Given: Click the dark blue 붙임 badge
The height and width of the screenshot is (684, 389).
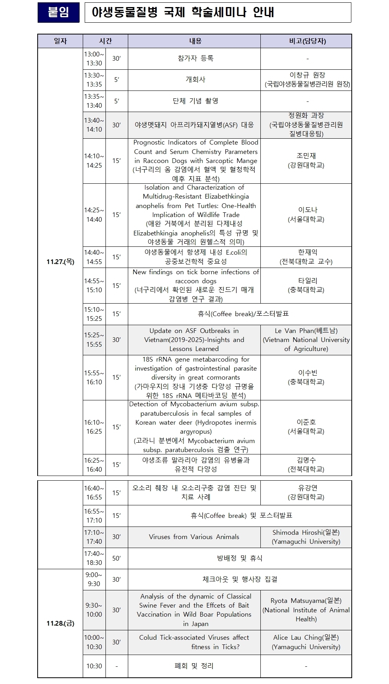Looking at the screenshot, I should (x=58, y=13).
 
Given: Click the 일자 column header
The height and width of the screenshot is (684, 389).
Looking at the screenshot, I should (x=60, y=41).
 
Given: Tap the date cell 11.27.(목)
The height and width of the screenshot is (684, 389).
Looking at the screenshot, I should (x=60, y=262).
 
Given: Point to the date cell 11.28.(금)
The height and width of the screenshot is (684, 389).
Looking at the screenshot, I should (x=60, y=623).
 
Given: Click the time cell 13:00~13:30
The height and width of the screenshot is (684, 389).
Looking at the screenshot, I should (x=94, y=59).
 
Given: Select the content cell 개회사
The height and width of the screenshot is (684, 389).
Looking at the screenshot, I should (x=195, y=80).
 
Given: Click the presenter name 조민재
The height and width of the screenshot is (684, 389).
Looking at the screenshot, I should (x=306, y=156).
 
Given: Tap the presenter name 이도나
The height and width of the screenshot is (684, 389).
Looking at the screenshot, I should (x=306, y=210).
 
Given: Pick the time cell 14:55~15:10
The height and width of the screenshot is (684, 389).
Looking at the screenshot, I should (x=94, y=286).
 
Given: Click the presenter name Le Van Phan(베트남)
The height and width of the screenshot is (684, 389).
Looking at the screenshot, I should (x=306, y=331).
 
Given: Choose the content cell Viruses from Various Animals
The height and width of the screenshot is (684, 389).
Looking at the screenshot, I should (x=194, y=537).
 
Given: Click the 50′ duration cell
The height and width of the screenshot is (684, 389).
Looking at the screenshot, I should (x=116, y=558).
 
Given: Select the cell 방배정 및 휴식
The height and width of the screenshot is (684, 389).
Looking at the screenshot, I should (x=239, y=558).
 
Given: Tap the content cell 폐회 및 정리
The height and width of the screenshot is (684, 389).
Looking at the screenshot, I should (x=194, y=666).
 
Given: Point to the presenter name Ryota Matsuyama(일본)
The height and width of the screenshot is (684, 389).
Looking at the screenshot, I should (x=306, y=601).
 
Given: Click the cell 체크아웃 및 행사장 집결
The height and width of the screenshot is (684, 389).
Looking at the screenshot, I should (x=239, y=579).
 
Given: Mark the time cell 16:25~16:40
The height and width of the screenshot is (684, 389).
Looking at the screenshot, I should (x=94, y=465).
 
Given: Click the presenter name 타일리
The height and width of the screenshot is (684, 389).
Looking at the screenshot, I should (x=306, y=281).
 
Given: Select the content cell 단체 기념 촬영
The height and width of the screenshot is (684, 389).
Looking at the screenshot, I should (x=195, y=101).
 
